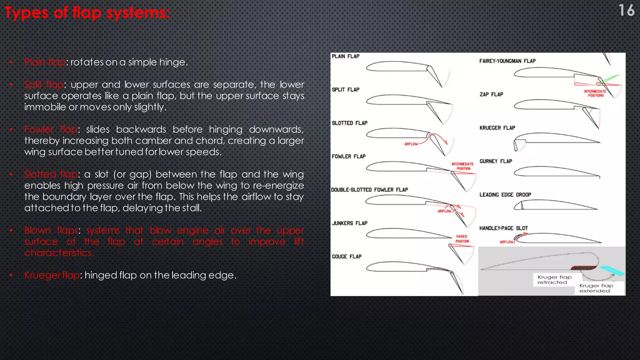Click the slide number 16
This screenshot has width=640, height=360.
point(626,10)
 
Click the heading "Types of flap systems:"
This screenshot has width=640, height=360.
point(87,13)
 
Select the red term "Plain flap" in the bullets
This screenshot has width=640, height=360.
point(45,62)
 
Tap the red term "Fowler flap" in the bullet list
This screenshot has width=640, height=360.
point(51,129)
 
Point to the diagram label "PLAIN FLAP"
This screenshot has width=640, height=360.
point(345,56)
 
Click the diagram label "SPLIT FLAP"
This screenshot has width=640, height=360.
point(345,90)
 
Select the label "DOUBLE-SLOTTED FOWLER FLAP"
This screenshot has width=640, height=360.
point(369,190)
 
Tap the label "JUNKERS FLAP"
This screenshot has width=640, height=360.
point(349,223)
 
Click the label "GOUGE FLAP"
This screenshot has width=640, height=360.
point(347,257)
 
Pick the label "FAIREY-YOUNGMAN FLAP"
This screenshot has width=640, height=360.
point(507,61)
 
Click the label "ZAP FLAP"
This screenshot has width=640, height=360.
point(491,94)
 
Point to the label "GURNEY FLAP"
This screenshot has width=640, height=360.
point(496,161)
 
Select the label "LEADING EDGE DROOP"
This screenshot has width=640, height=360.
point(505,195)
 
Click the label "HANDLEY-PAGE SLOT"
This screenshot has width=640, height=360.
point(503,228)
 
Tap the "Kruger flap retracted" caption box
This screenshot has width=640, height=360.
point(554,280)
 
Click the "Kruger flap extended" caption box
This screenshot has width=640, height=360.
point(596,288)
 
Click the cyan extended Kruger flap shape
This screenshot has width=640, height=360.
point(612,271)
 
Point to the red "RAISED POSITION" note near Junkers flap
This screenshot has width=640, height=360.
point(462,239)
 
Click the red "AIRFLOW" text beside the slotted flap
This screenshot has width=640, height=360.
point(411,144)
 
